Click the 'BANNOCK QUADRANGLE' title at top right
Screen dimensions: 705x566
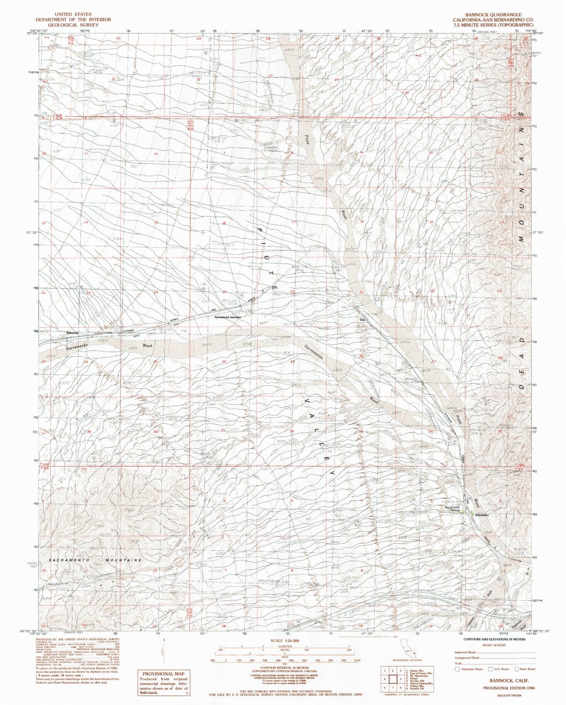[x=493, y=14]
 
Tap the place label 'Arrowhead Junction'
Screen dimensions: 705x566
[x=227, y=317]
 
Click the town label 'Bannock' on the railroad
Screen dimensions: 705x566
[x=72, y=333]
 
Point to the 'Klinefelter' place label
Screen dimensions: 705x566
[x=484, y=515]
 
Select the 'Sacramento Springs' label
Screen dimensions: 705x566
[x=452, y=510]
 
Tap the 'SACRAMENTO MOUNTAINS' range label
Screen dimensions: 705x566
[x=95, y=560]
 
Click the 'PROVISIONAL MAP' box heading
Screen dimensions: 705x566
[x=163, y=674]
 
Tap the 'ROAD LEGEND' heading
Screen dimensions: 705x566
[x=494, y=645]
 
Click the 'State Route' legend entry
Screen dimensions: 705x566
[x=525, y=669]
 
